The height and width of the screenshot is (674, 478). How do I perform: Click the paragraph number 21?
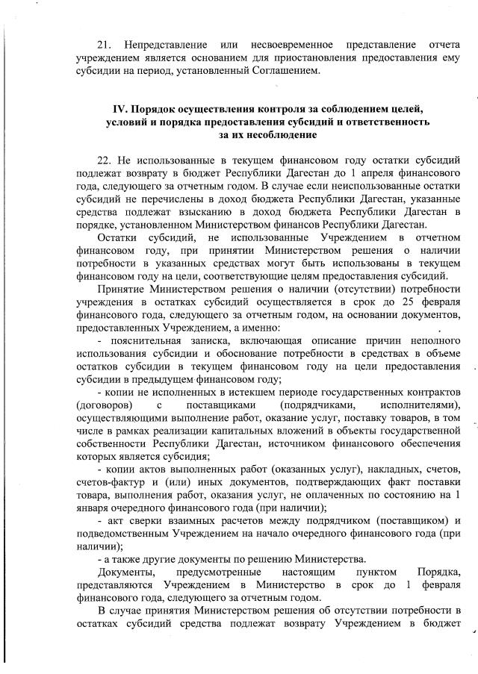(x=105, y=37)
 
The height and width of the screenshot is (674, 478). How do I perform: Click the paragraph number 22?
(x=105, y=160)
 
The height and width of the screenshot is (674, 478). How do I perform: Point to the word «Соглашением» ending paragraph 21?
(x=285, y=71)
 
